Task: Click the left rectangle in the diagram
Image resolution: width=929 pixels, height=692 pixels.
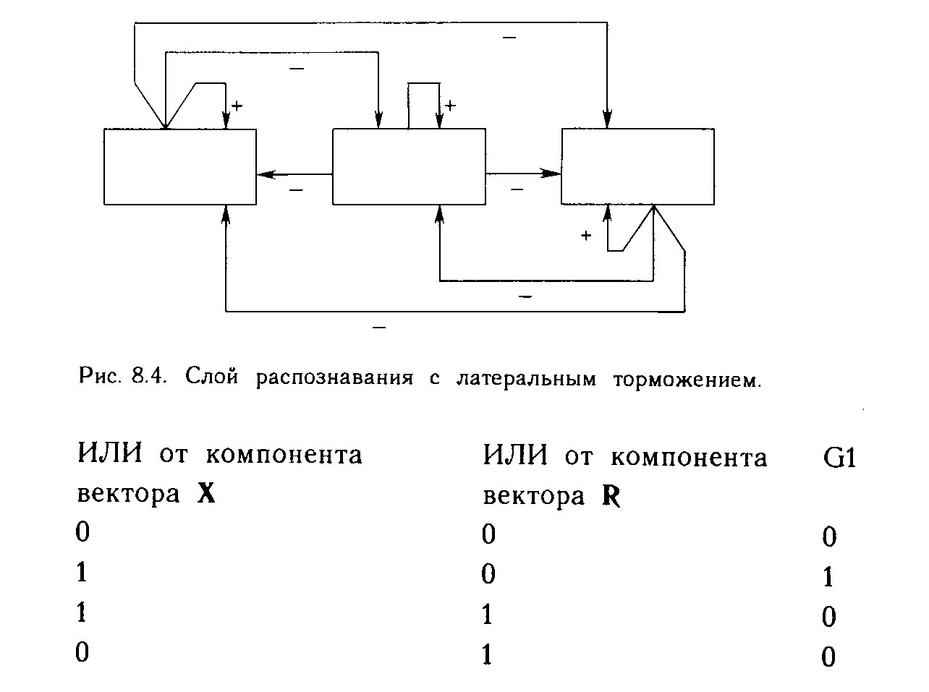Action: (179, 167)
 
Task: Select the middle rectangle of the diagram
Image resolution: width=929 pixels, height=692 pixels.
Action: (409, 167)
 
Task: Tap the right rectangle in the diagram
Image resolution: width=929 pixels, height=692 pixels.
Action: (637, 167)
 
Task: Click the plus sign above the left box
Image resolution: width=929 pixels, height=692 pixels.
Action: (237, 106)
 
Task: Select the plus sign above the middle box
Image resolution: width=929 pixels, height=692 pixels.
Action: (450, 106)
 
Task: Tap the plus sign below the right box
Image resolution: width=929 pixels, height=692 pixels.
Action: (586, 235)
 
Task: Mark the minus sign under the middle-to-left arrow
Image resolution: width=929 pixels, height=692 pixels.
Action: (296, 190)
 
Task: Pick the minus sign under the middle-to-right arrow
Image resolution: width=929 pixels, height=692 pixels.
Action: (517, 189)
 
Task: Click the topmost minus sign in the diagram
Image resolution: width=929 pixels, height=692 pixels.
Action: (509, 37)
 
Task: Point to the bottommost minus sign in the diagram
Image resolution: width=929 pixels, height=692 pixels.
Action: (378, 328)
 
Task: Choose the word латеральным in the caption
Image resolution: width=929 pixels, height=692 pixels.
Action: (526, 378)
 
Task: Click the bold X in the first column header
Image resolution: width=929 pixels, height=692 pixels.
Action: (206, 495)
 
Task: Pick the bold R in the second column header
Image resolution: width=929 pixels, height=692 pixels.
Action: (611, 497)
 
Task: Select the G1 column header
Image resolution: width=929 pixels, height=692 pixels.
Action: (839, 458)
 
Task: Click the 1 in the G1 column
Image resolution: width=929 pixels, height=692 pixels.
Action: (829, 577)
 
